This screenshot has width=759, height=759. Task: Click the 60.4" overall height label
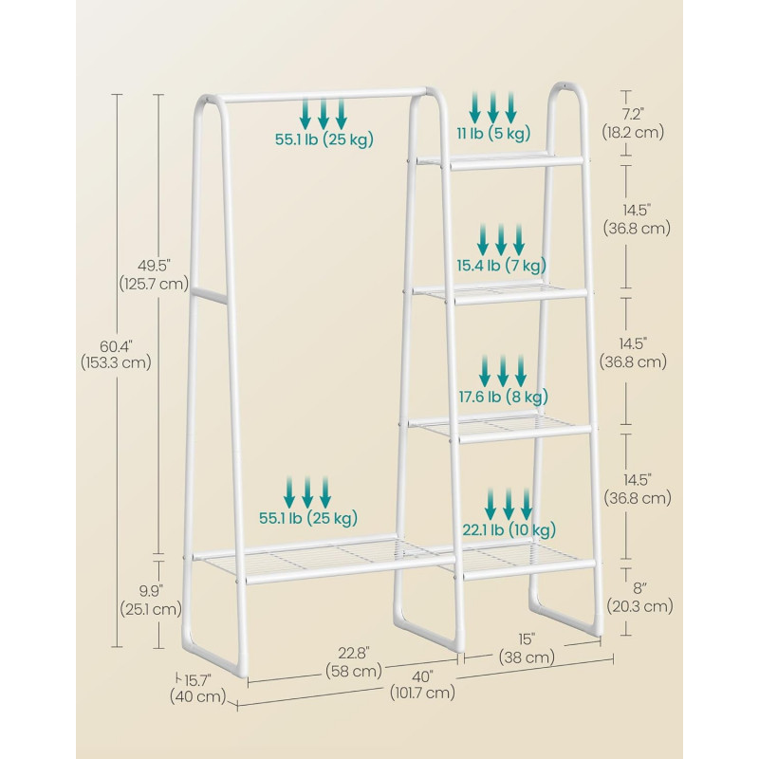(x=116, y=355)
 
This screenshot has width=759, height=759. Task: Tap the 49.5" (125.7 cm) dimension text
(x=154, y=274)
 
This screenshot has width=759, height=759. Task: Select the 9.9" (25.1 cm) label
(x=151, y=601)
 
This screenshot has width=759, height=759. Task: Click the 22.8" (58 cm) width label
(x=354, y=661)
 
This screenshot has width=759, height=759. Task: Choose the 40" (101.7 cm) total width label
(x=422, y=684)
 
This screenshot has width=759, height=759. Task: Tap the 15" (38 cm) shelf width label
(x=527, y=648)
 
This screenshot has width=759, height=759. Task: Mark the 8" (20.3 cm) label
(x=639, y=598)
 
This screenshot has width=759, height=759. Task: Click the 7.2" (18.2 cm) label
(x=633, y=123)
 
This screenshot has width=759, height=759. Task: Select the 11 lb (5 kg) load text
(x=493, y=133)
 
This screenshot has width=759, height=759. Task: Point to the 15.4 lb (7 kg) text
(x=502, y=265)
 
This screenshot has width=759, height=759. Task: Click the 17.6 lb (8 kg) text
(x=504, y=397)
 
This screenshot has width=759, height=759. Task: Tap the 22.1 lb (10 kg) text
(x=509, y=530)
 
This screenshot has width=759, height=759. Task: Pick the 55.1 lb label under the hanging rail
(x=324, y=139)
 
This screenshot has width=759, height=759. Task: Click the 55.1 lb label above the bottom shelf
(x=307, y=518)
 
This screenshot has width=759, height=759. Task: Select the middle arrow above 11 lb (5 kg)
(x=492, y=107)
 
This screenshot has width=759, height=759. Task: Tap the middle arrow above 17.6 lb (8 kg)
(x=503, y=371)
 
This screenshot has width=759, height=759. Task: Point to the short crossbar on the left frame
(x=210, y=296)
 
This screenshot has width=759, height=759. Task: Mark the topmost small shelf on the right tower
(x=501, y=160)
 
